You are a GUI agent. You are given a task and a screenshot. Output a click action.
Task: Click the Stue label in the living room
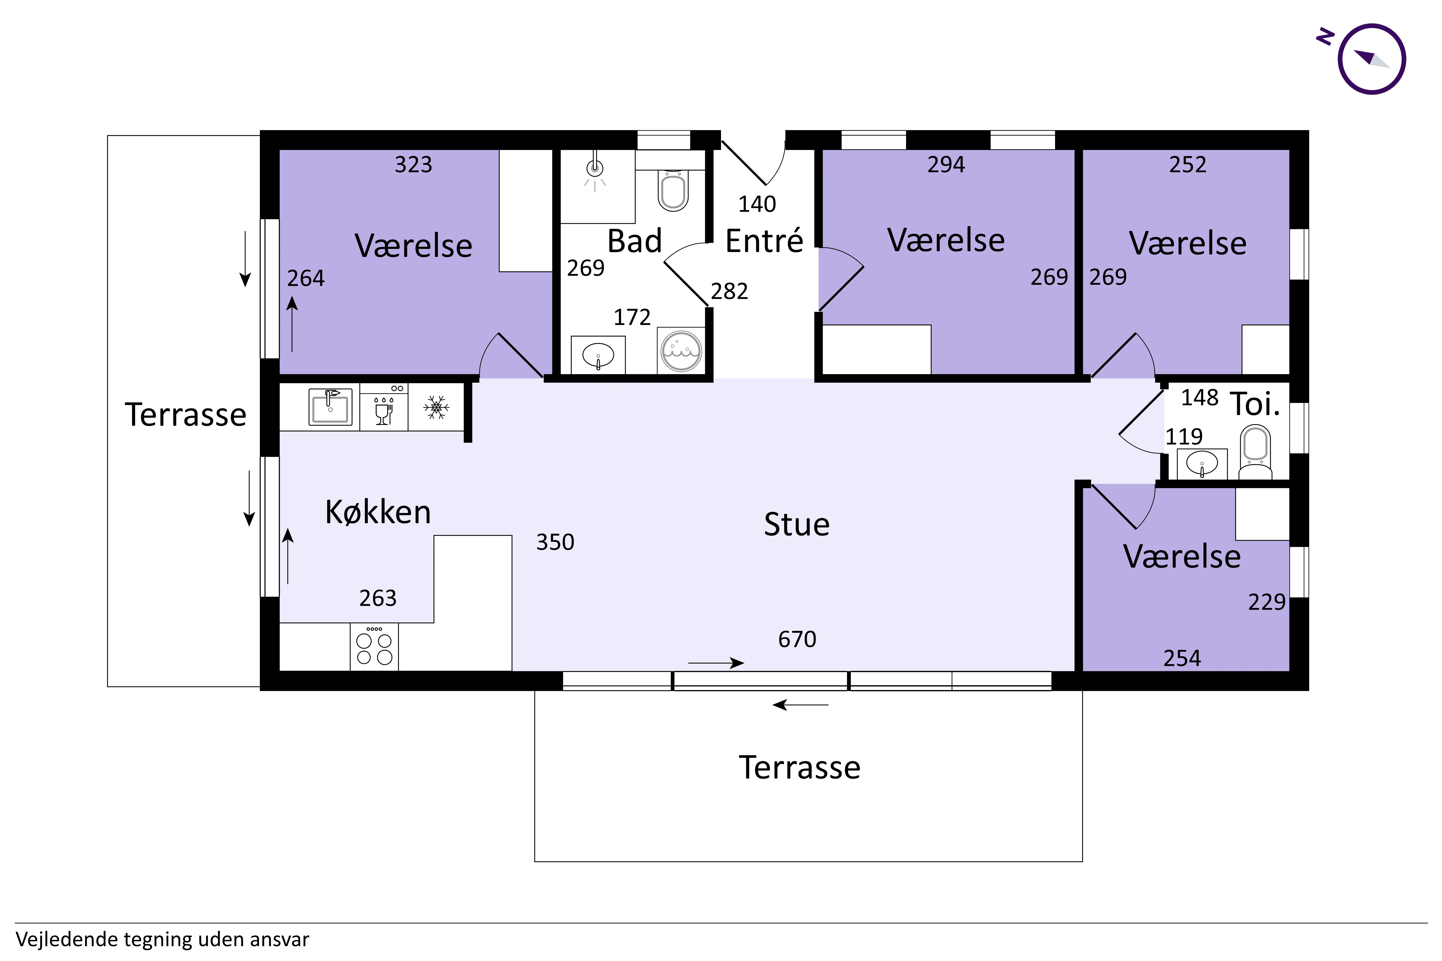796,525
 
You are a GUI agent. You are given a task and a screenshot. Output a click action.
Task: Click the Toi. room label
1255,404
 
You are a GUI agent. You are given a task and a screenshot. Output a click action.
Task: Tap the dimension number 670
797,639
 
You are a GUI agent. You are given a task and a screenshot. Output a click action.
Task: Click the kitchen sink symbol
330,406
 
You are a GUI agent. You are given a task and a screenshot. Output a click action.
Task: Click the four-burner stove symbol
374,647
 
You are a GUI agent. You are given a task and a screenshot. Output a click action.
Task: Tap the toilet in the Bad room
673,191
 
